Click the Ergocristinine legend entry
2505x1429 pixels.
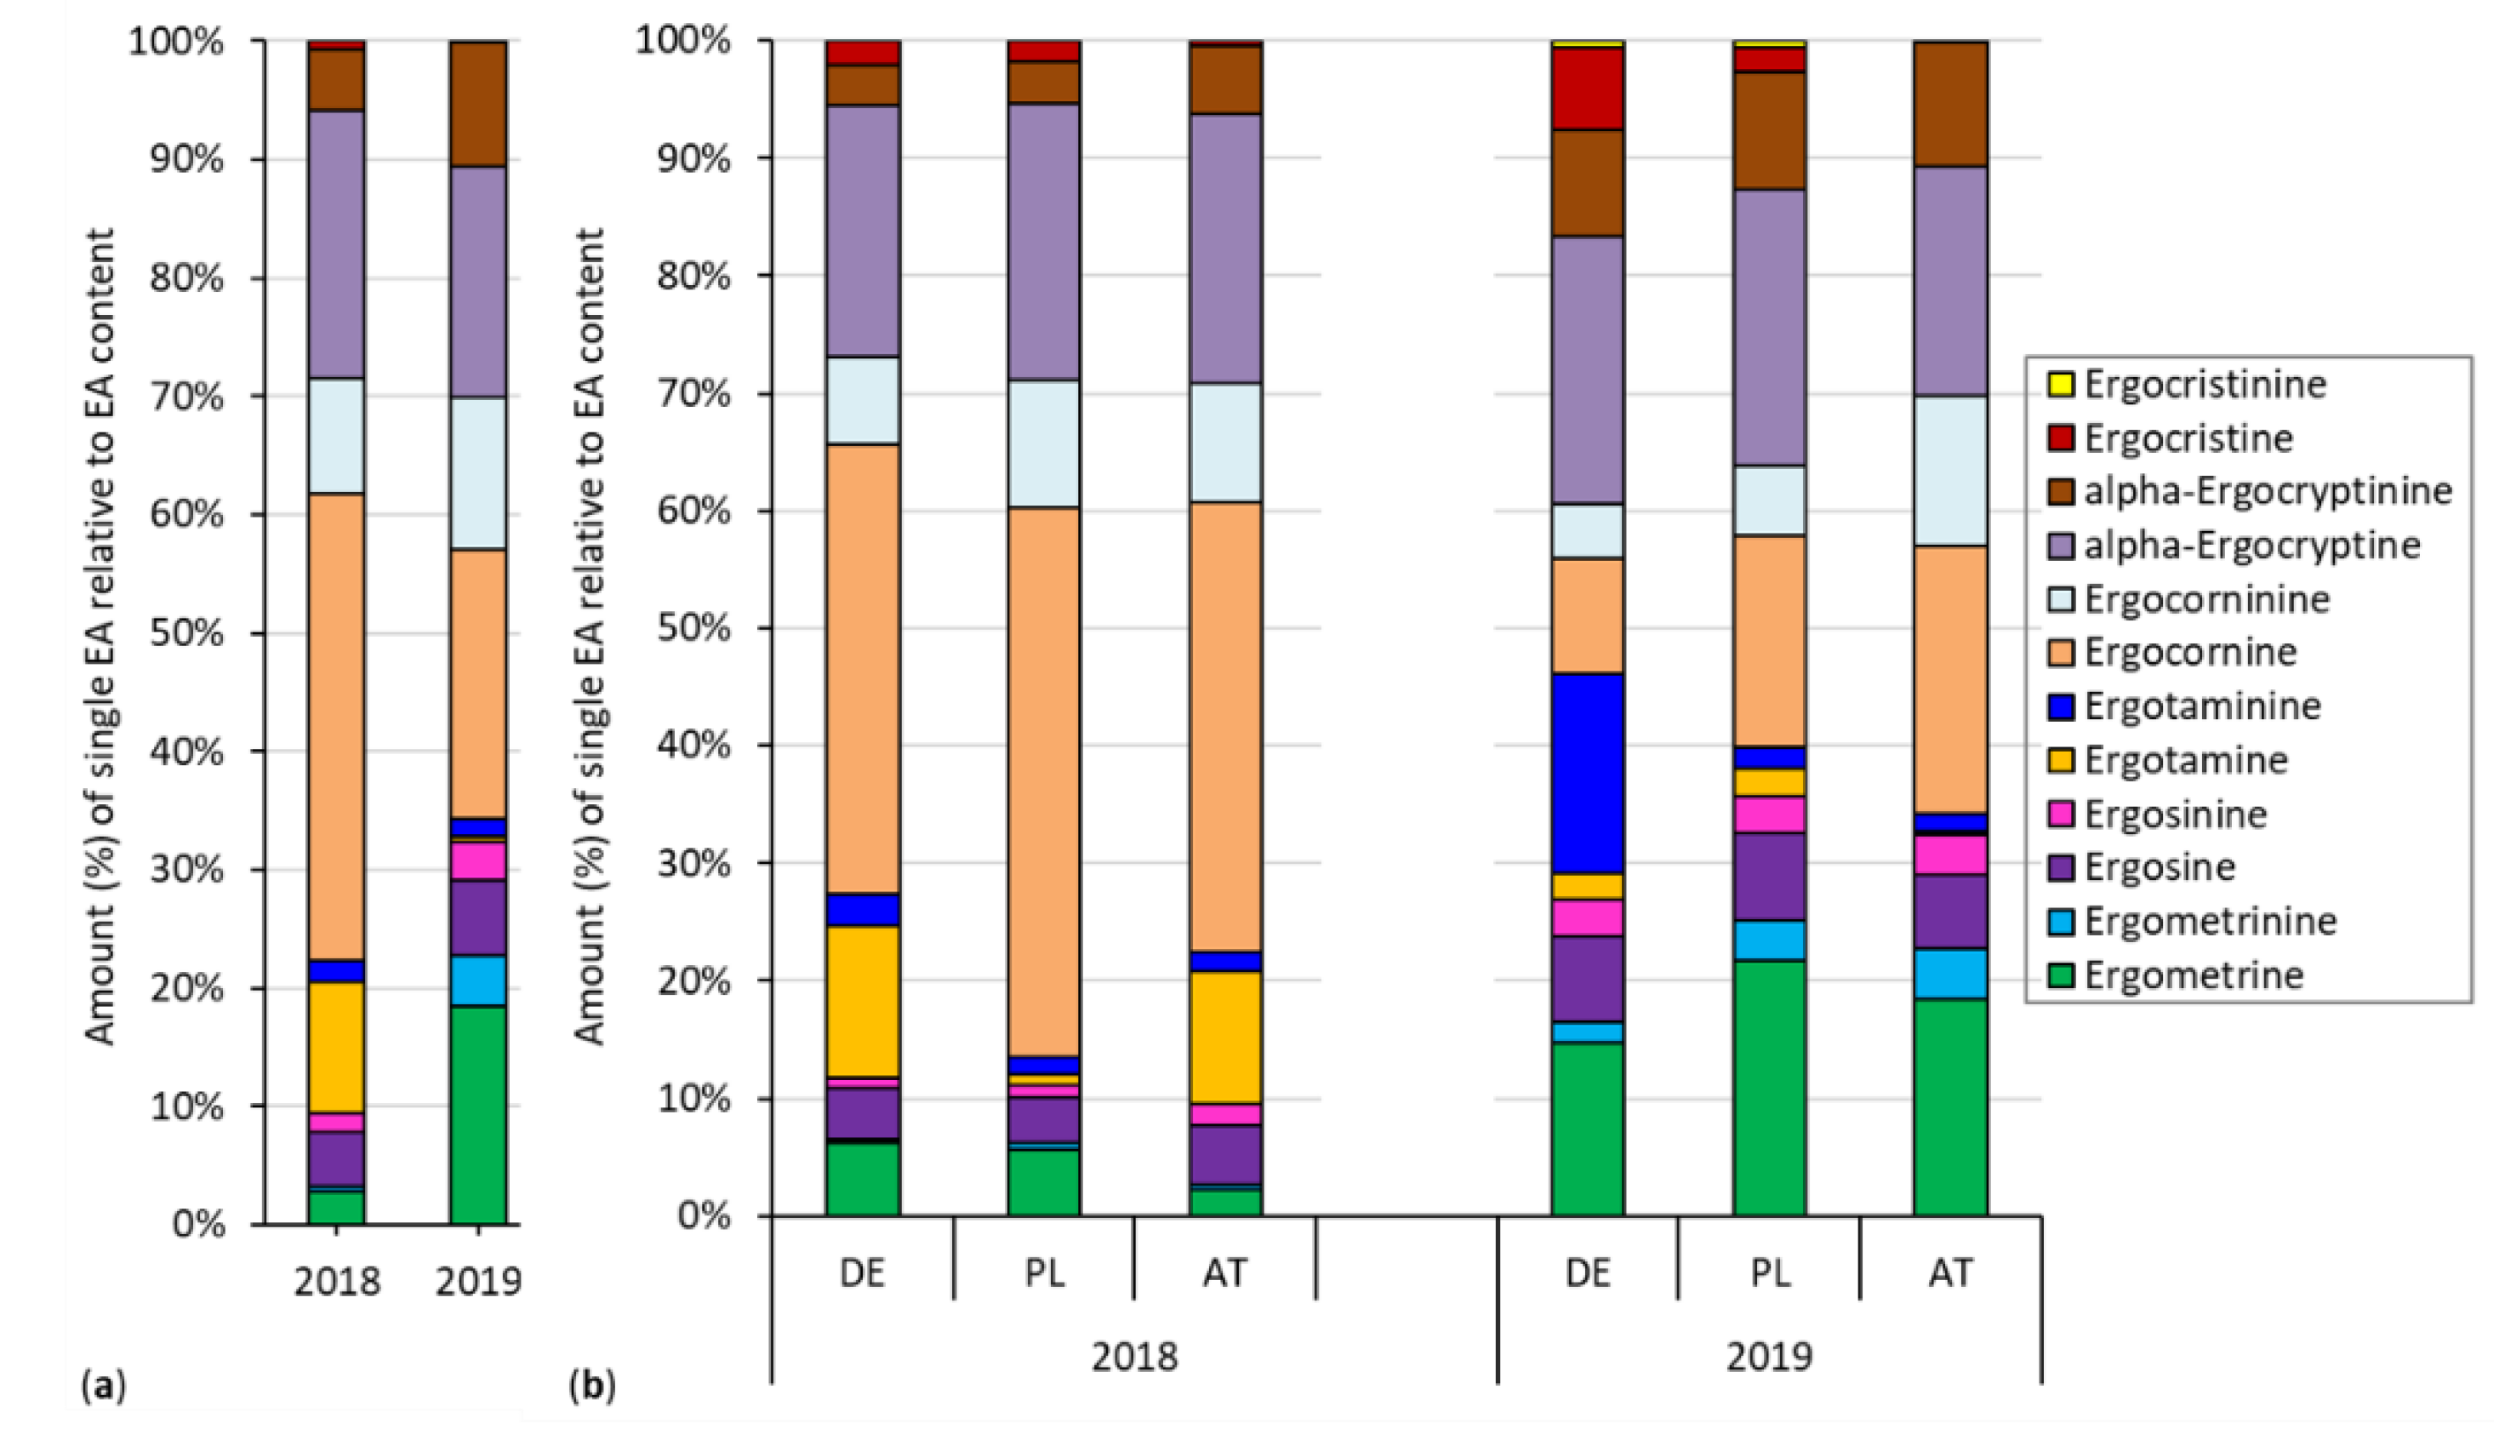click(x=2204, y=384)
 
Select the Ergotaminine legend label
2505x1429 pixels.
click(x=2202, y=706)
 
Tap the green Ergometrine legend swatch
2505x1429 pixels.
click(x=2061, y=975)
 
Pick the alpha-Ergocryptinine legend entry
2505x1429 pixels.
click(x=2268, y=491)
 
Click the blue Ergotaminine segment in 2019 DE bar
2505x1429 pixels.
click(x=1587, y=773)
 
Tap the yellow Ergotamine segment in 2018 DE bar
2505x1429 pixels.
click(x=863, y=1000)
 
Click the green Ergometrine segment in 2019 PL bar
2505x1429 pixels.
click(x=1768, y=1088)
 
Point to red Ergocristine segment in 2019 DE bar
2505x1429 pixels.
click(x=1587, y=89)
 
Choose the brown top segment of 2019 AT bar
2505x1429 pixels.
click(x=1949, y=104)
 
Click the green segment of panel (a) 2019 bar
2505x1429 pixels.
click(x=478, y=1114)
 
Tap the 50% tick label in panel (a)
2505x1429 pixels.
click(x=185, y=633)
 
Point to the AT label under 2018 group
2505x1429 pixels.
click(x=1224, y=1273)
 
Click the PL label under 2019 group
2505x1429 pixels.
click(x=1769, y=1273)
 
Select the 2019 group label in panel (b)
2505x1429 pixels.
click(x=1769, y=1357)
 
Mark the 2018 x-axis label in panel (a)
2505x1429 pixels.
click(x=337, y=1281)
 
